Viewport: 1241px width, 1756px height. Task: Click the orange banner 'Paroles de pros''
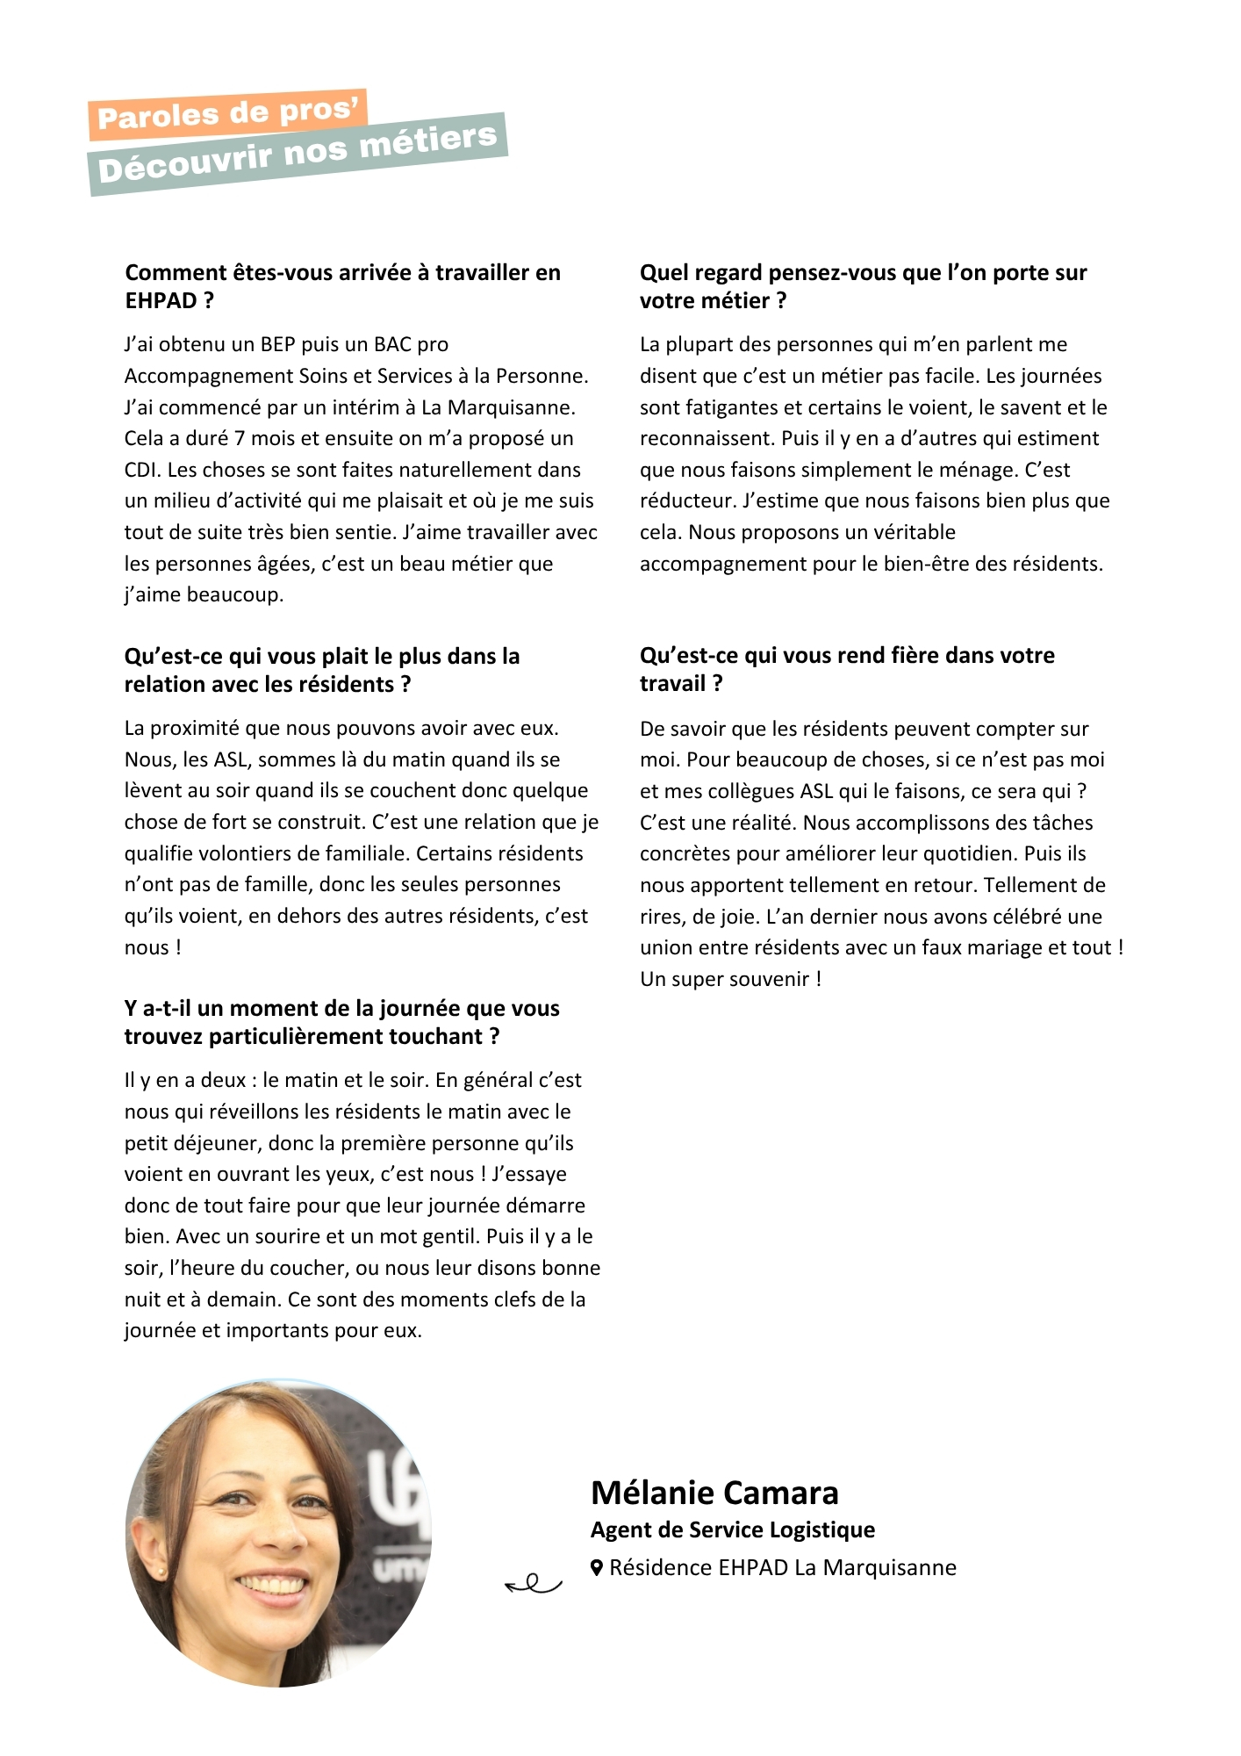(x=227, y=114)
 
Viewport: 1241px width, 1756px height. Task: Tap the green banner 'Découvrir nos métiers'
(x=298, y=154)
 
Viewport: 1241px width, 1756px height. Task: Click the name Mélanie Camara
(x=714, y=1493)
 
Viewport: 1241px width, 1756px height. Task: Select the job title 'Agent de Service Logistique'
(x=733, y=1530)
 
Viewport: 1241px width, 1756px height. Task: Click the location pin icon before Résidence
(x=597, y=1568)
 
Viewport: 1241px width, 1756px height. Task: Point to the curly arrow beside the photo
(x=534, y=1584)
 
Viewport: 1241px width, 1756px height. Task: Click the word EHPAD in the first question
(x=161, y=301)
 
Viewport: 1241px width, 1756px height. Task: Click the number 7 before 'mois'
(x=240, y=438)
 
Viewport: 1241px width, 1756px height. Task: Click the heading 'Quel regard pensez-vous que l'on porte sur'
(x=863, y=273)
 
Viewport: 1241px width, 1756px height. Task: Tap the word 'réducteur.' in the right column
(x=688, y=501)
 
